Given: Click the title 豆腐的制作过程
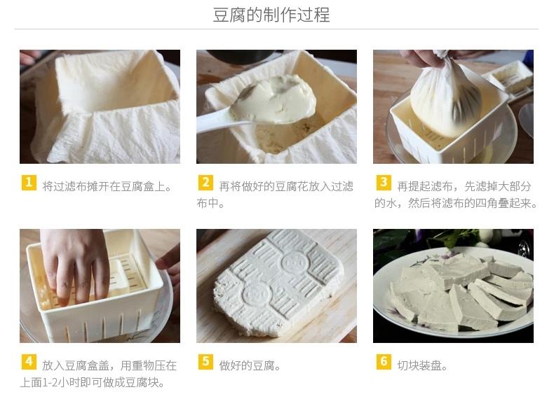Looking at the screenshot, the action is click(x=271, y=15).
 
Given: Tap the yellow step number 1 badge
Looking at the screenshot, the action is click(x=29, y=183).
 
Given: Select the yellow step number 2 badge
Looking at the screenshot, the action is click(x=205, y=183).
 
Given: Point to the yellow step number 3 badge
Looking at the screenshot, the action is click(x=384, y=183).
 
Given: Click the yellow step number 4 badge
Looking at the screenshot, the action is click(x=29, y=362).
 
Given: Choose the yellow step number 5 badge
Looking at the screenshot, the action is click(x=205, y=362).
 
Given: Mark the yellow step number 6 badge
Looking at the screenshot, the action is click(x=384, y=362).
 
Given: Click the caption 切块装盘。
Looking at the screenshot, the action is click(x=422, y=365).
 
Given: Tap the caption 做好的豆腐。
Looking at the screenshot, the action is click(x=250, y=365).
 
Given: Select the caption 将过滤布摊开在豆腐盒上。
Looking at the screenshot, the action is click(x=107, y=186).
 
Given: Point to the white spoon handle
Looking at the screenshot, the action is click(x=216, y=120).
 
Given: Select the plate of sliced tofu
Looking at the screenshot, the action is click(x=453, y=292).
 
